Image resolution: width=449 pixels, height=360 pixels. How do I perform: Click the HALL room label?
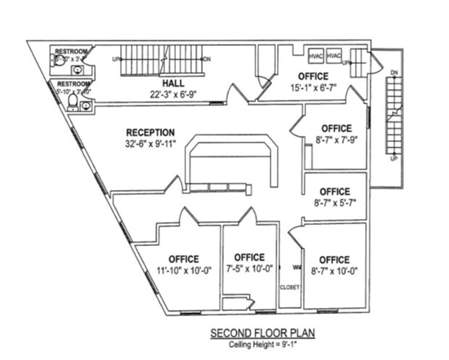pos(173,83)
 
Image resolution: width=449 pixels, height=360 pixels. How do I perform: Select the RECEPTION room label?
pos(150,132)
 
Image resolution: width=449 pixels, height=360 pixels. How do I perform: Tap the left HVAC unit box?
pos(316,56)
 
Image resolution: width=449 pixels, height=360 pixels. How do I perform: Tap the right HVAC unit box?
pos(334,56)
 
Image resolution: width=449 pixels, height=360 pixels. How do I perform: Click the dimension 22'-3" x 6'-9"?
pos(173,94)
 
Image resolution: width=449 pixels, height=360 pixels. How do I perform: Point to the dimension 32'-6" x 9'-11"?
pos(150,144)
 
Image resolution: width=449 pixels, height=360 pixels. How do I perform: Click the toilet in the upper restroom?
pos(58,61)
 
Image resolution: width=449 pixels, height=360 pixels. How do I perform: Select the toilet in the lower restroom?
pos(73,102)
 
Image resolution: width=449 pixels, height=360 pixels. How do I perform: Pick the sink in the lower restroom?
pos(85,105)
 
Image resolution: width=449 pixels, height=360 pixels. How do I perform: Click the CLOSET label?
pos(290,287)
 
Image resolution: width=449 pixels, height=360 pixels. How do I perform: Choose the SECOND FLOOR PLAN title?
pos(262,333)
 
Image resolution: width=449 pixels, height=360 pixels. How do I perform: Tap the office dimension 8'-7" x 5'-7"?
pos(335,203)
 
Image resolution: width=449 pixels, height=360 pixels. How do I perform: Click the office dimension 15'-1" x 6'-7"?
pos(313,88)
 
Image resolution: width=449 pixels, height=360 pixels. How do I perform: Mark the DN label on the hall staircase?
pos(207,59)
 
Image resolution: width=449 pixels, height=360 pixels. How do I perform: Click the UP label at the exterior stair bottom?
pos(394,158)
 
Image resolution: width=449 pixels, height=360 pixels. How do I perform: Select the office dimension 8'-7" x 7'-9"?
pos(336,140)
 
